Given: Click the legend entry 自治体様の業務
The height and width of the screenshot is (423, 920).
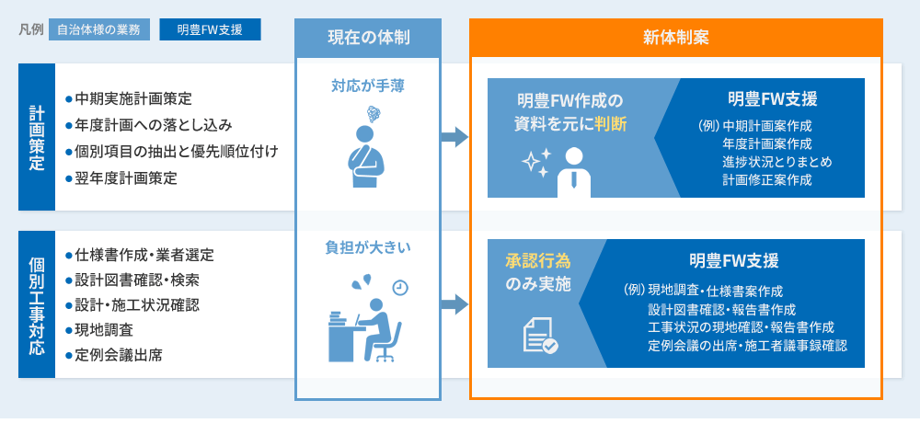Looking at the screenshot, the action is point(99,30).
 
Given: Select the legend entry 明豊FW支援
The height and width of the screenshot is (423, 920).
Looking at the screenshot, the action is point(210,30).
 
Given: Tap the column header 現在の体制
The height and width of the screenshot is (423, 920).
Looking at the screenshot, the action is point(368,38).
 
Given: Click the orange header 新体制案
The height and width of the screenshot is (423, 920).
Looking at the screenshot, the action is point(676,38).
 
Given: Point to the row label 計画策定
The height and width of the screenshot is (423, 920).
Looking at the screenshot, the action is point(37,137).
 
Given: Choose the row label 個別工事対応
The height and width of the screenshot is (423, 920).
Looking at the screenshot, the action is point(37,304).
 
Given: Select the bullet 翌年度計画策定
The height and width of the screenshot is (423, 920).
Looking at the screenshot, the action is point(121,179).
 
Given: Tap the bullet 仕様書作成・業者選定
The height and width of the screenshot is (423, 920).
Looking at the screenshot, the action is point(140,256).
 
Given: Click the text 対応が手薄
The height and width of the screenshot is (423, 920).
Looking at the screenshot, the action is point(368,86).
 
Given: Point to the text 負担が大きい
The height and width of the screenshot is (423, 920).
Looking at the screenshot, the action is point(368,247).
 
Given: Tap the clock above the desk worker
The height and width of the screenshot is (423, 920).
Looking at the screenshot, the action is point(400,288).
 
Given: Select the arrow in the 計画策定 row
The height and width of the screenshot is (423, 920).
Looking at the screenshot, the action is point(454,137).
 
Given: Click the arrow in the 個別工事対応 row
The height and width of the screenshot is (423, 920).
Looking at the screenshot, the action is point(454,304).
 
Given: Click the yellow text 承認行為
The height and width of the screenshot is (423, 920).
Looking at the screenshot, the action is point(538,261).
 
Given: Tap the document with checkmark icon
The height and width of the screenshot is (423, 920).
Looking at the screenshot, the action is point(540,336).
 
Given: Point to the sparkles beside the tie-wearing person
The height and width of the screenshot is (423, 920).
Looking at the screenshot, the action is point(535,163).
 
